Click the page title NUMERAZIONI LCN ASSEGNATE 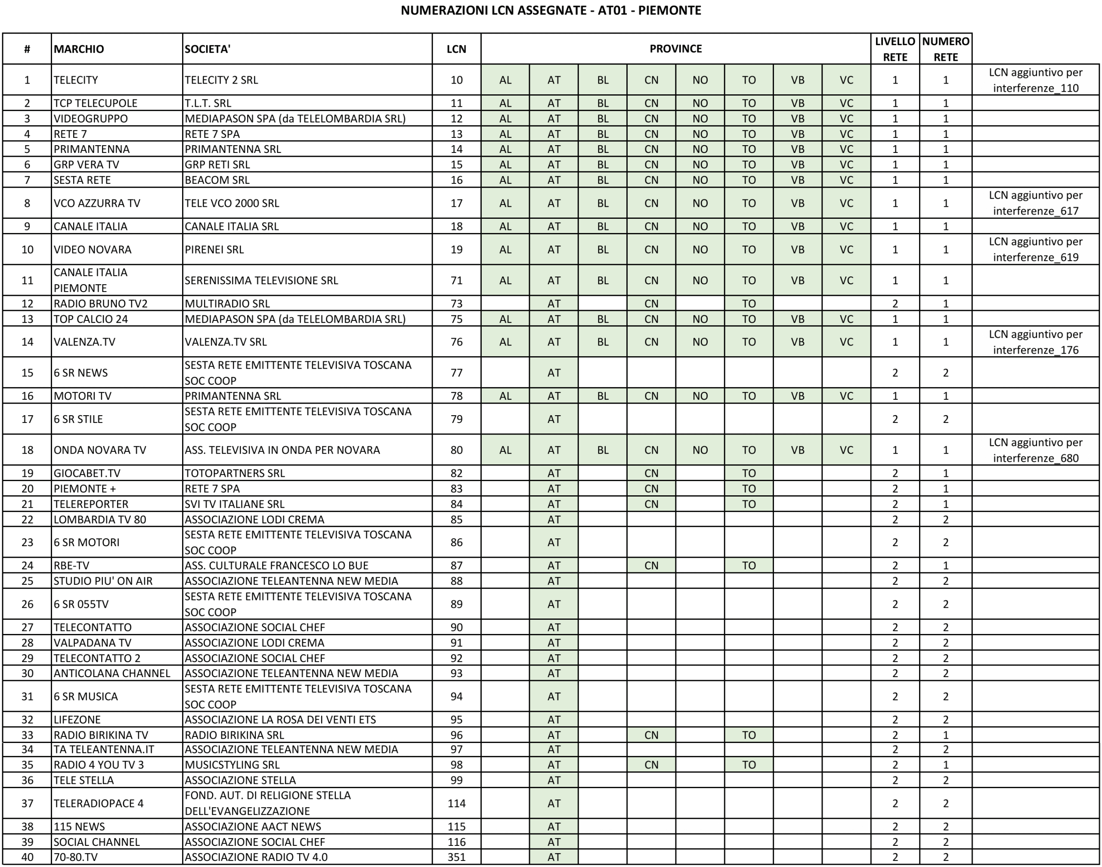[551, 10]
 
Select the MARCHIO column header [79, 49]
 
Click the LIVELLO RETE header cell [895, 49]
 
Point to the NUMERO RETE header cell [946, 49]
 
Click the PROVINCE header [676, 49]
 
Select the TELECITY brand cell [76, 80]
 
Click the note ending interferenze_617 [1036, 203]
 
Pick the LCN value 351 [456, 857]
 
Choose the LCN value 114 [456, 803]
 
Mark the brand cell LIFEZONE [77, 719]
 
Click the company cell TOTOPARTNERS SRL [235, 473]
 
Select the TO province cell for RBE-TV [749, 566]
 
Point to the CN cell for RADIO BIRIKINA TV [651, 735]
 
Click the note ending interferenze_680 [1036, 450]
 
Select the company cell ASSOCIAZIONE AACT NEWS [253, 827]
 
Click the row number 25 [27, 581]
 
